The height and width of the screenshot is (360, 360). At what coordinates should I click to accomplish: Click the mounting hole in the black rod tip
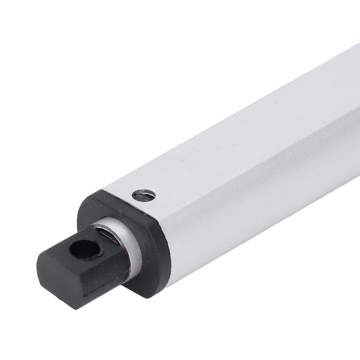(85, 249)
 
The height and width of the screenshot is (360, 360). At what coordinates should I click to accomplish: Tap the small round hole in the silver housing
(144, 195)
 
